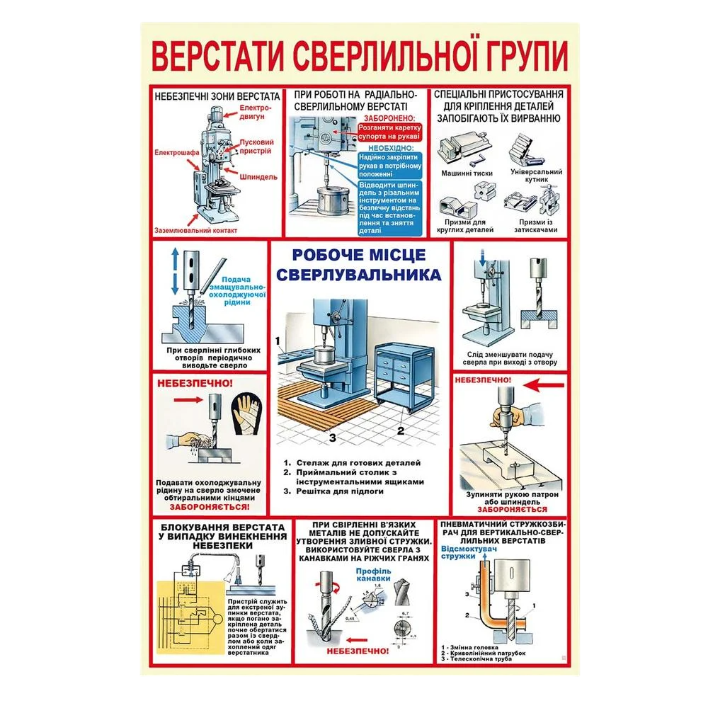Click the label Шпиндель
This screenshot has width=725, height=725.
(x=258, y=176)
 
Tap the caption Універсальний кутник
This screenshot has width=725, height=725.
(x=536, y=176)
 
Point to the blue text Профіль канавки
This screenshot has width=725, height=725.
(x=373, y=575)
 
